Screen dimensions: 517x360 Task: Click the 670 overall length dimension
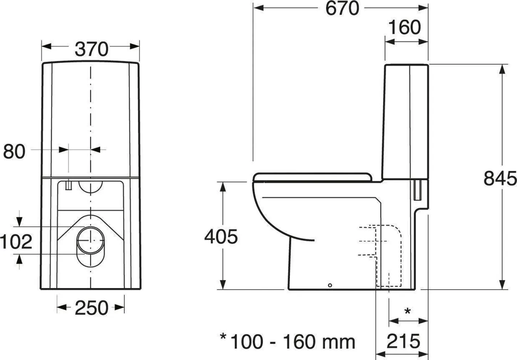(x=342, y=9)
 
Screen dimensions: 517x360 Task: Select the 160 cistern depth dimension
(x=404, y=27)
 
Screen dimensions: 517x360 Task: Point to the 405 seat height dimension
(x=221, y=237)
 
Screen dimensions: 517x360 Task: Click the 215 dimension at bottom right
(x=403, y=341)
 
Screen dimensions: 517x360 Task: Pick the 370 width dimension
(x=91, y=49)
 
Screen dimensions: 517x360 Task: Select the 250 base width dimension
(x=91, y=308)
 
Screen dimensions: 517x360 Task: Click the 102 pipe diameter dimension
(x=16, y=242)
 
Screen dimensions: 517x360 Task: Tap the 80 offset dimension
(x=14, y=151)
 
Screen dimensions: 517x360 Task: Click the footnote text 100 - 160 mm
(x=293, y=342)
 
